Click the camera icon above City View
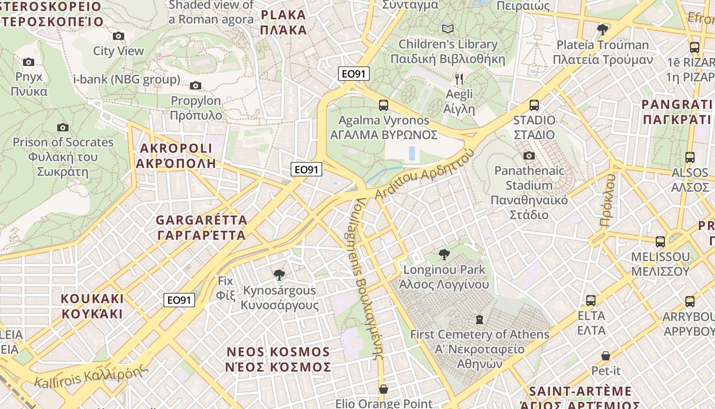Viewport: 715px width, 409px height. [118, 36]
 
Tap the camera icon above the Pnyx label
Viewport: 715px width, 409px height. [29, 62]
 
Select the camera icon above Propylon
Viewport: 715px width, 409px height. [196, 85]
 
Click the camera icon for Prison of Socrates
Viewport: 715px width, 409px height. [63, 127]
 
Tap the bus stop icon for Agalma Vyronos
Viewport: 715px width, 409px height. [384, 105]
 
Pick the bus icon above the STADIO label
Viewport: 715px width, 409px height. [534, 105]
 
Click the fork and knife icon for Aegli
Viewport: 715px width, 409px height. [459, 79]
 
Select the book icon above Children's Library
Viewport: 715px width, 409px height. [448, 29]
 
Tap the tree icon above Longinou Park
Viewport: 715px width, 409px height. [444, 254]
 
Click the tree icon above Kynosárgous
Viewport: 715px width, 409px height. [279, 275]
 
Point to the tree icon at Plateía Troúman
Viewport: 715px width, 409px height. [603, 29]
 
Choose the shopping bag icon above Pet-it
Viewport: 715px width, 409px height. [606, 355]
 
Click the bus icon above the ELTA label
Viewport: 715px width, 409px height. [591, 300]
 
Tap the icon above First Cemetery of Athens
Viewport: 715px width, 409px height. [479, 320]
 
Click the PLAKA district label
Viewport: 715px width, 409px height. [283, 22]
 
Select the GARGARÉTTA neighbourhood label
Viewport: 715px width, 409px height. [201, 228]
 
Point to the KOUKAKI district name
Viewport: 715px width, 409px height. [92, 306]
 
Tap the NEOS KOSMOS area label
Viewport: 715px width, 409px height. [278, 359]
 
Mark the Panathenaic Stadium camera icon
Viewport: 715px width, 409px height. [529, 155]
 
